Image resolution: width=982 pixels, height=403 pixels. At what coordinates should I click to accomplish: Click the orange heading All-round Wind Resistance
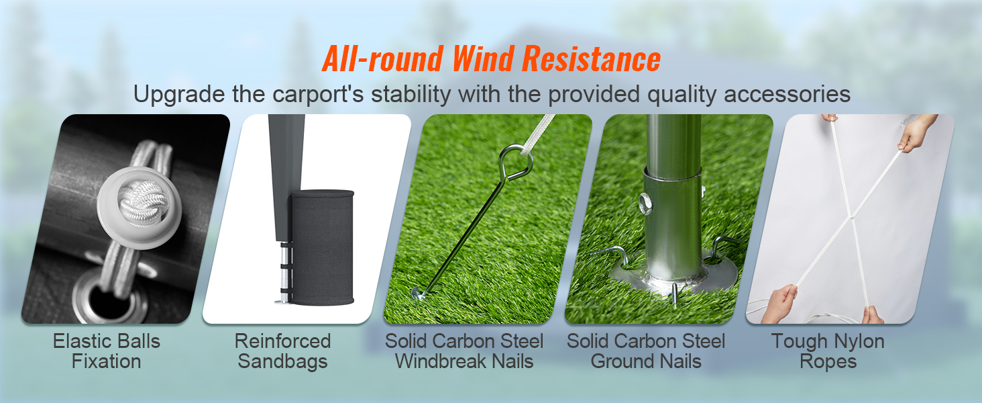click(491, 59)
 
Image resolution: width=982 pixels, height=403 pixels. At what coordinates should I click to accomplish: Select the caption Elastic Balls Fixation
click(107, 351)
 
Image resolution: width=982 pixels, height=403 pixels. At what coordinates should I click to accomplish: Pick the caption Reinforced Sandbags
click(282, 351)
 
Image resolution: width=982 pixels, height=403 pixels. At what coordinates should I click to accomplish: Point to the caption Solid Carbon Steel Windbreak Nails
click(464, 351)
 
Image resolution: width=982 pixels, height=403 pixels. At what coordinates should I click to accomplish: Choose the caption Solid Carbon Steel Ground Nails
click(646, 351)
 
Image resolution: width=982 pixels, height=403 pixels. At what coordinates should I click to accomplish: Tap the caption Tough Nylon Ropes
click(828, 351)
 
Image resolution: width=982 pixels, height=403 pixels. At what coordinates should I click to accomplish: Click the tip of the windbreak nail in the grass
click(419, 293)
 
